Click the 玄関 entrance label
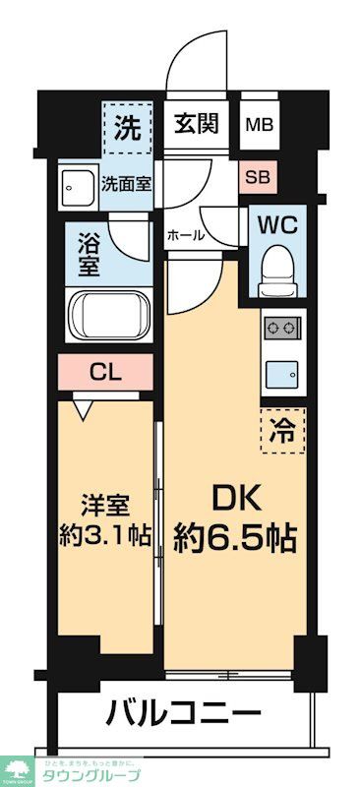[197, 126]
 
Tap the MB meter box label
[260, 126]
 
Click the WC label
[276, 222]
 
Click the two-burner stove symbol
[281, 328]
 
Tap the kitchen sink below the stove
[281, 373]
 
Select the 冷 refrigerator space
[282, 428]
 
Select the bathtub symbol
[108, 315]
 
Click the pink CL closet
[105, 373]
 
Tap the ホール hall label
[185, 236]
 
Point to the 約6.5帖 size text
[236, 538]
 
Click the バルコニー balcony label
[183, 712]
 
